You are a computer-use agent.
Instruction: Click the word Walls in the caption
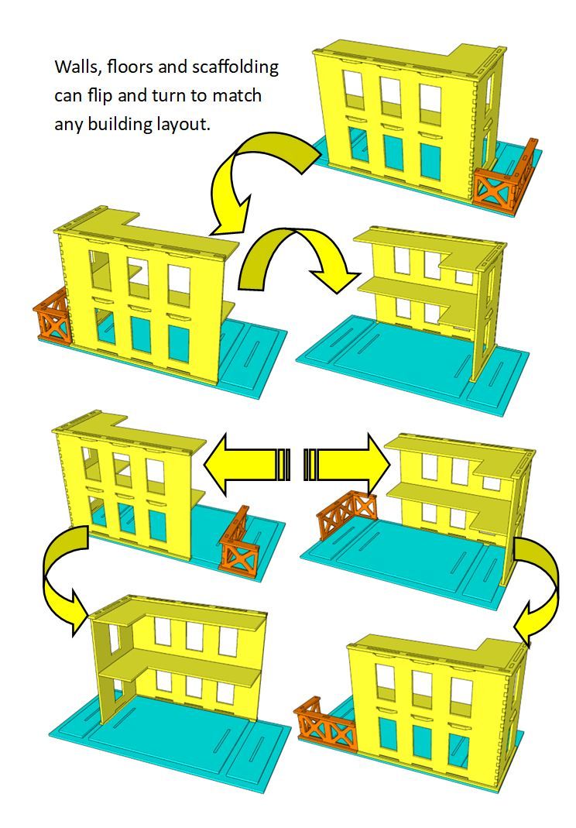[x=75, y=67]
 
